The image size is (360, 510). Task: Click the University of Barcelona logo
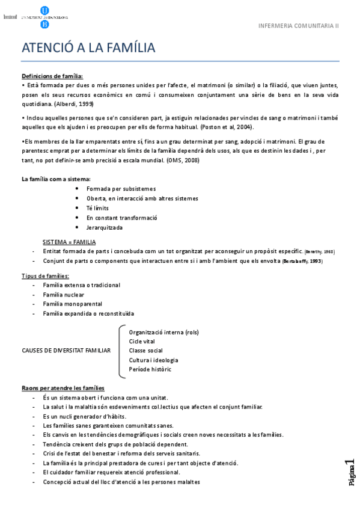(44, 17)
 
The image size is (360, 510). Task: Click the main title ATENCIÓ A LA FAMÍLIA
(88, 48)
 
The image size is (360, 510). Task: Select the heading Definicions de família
(52, 76)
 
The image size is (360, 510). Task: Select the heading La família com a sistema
(56, 179)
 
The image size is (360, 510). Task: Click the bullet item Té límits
(97, 208)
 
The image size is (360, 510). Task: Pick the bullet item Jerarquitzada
(104, 227)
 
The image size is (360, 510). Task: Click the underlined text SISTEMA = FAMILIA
(69, 242)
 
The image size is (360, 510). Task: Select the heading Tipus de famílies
(45, 275)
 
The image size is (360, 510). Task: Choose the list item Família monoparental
(72, 304)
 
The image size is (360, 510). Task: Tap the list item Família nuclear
(63, 294)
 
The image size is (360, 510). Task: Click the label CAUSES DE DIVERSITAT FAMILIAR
(66, 351)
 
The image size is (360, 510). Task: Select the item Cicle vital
(142, 341)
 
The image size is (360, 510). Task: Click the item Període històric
(150, 369)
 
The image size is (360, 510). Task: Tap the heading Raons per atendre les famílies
(63, 388)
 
